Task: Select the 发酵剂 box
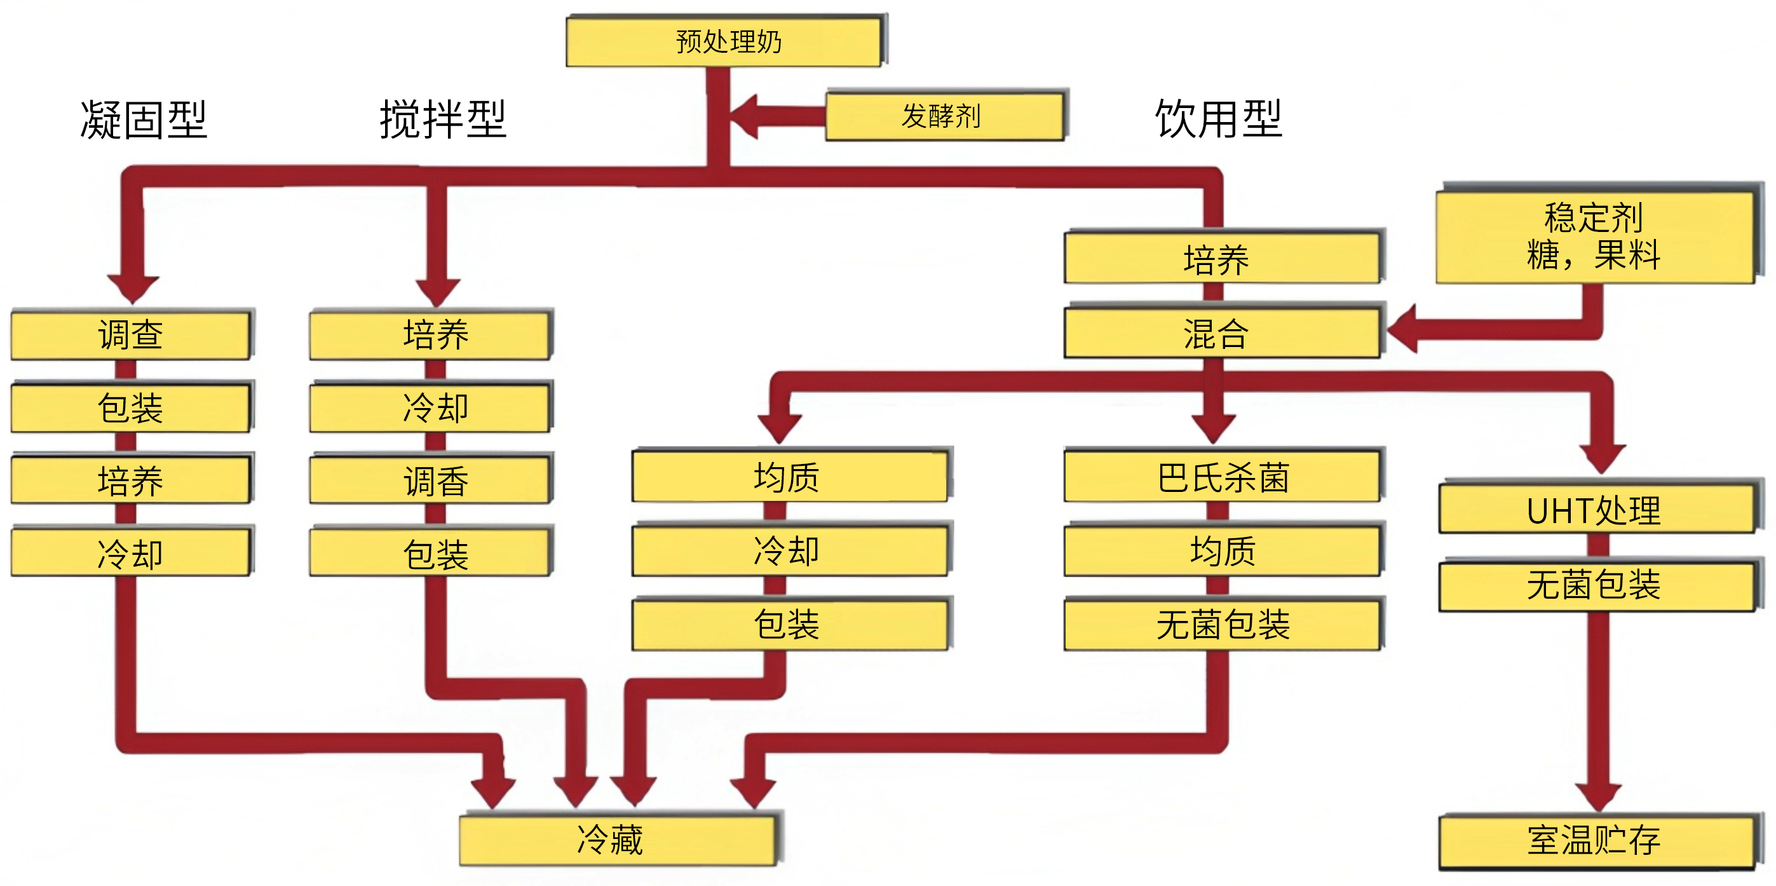[x=946, y=115]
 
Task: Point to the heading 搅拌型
[x=443, y=119]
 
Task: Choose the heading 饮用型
[x=1218, y=119]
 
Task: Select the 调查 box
[x=131, y=334]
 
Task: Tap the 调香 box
[x=431, y=479]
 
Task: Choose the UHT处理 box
[x=1597, y=508]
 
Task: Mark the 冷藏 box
[x=618, y=840]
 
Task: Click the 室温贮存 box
[x=1597, y=841]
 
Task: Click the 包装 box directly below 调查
[x=131, y=407]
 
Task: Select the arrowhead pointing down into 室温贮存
[x=1599, y=798]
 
